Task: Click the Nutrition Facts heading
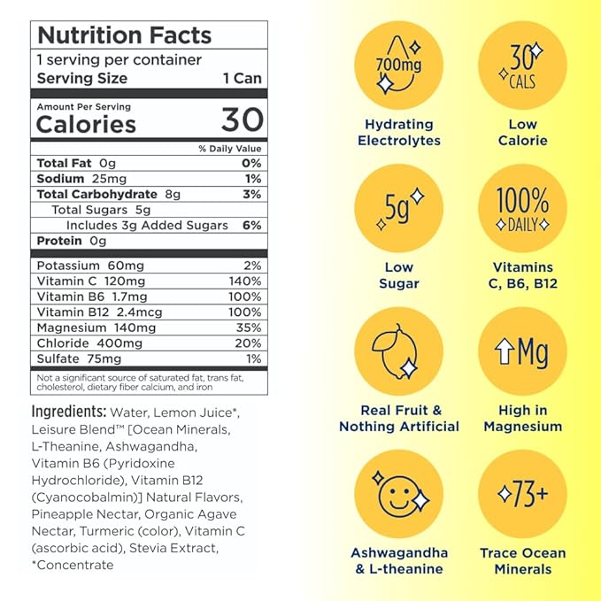coord(124,36)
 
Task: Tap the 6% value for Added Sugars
coord(251,225)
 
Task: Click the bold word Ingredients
coord(67,412)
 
